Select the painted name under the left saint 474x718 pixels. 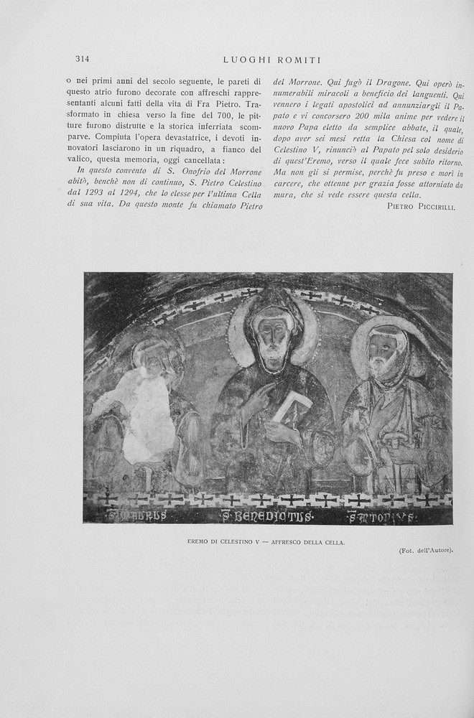pyautogui.click(x=136, y=516)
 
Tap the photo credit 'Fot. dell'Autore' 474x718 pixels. pyautogui.click(x=426, y=551)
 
